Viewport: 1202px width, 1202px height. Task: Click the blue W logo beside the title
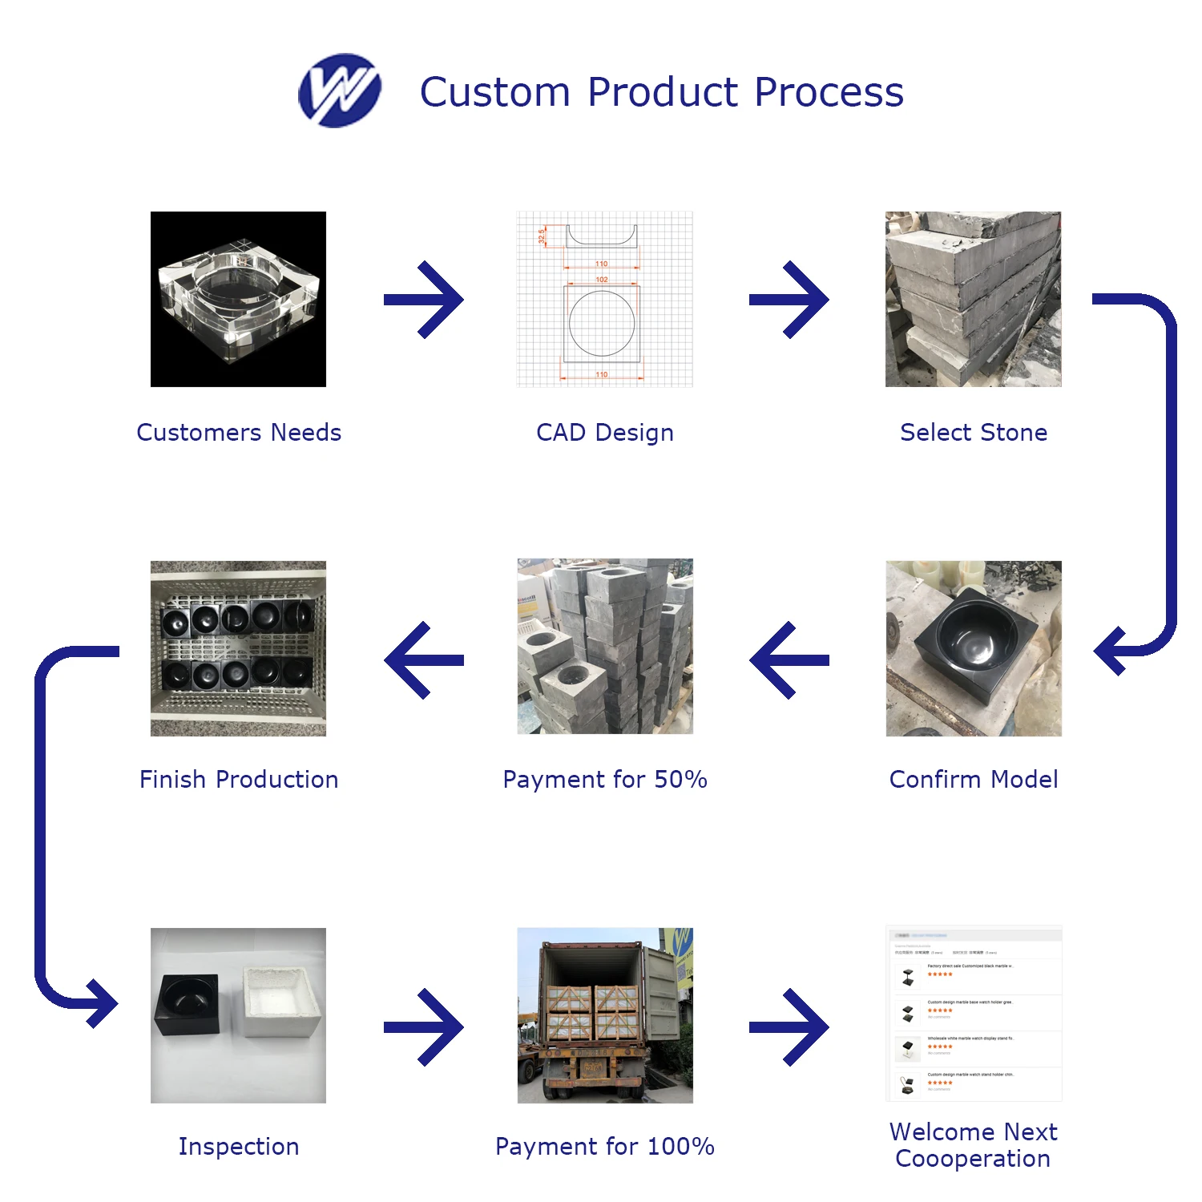(x=339, y=91)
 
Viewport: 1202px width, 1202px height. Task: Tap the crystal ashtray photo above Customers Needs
(x=238, y=299)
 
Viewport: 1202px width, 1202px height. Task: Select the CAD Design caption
(x=605, y=433)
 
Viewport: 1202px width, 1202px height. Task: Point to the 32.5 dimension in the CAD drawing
(x=543, y=236)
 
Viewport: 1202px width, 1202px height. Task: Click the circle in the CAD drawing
(x=602, y=324)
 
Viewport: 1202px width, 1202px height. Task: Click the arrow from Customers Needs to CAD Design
(x=424, y=300)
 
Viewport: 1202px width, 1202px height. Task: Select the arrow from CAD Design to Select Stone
(x=789, y=300)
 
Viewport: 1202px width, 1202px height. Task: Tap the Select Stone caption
(x=974, y=433)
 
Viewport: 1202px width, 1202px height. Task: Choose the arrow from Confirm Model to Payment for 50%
(x=789, y=660)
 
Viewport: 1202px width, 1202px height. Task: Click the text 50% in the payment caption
(x=680, y=780)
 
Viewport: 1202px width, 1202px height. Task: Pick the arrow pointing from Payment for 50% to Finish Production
(x=424, y=660)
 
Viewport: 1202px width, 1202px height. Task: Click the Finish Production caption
(x=239, y=780)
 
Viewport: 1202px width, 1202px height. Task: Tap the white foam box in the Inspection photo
(x=282, y=1001)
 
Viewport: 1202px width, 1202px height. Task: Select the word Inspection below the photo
(x=239, y=1147)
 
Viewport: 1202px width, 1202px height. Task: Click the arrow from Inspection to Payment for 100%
(x=424, y=1027)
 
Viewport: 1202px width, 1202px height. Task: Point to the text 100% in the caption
(x=680, y=1147)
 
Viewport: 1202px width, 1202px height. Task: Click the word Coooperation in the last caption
(x=973, y=1159)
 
